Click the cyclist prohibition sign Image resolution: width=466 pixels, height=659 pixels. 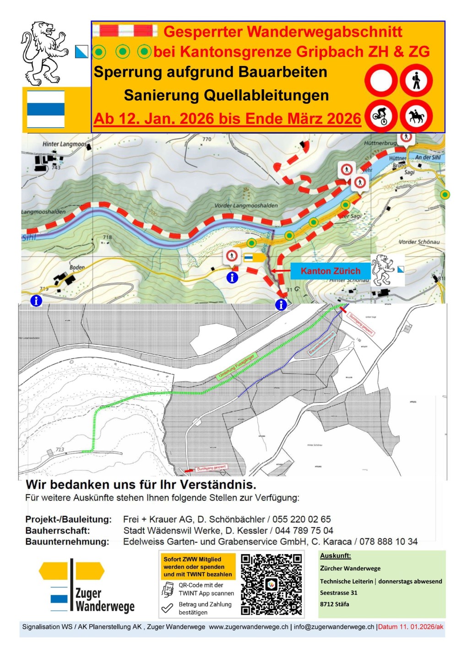click(x=381, y=115)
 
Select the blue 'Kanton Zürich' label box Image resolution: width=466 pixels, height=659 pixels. click(x=330, y=271)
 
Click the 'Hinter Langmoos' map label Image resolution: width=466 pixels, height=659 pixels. click(x=65, y=144)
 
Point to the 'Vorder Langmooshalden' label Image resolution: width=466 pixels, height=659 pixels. click(x=246, y=205)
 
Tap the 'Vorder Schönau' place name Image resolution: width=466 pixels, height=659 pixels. click(x=419, y=242)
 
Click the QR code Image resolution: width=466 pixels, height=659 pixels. click(x=271, y=584)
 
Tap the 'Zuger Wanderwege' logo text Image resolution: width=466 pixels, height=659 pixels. click(x=104, y=600)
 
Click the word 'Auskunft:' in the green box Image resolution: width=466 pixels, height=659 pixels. click(x=336, y=556)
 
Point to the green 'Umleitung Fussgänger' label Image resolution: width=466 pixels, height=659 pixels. click(x=236, y=366)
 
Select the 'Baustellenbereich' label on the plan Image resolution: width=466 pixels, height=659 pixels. click(x=322, y=343)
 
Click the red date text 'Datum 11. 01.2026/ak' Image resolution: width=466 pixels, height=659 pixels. click(x=411, y=627)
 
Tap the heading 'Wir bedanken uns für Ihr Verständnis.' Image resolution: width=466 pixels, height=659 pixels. click(x=141, y=485)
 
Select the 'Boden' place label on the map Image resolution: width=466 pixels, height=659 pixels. click(x=77, y=267)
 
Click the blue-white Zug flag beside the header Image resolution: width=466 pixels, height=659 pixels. click(x=45, y=109)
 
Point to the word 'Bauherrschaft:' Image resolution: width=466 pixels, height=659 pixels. click(x=57, y=531)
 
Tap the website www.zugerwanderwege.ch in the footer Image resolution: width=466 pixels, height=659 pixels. click(x=249, y=627)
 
